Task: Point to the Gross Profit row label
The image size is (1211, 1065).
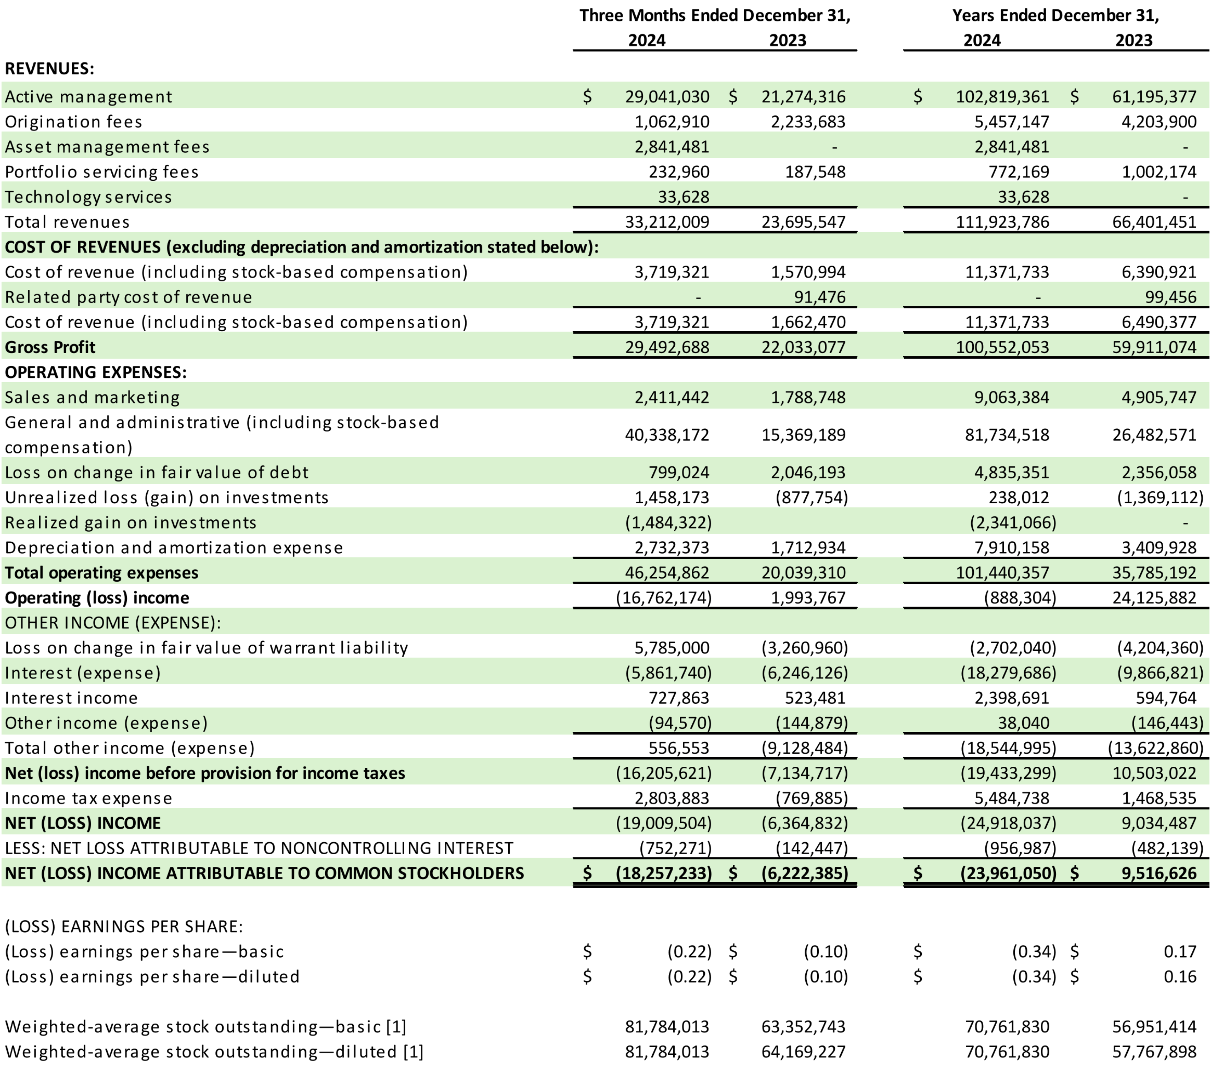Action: [x=50, y=347]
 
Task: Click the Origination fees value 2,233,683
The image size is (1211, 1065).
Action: [x=808, y=122]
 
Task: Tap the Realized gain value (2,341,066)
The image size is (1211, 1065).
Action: [x=1012, y=522]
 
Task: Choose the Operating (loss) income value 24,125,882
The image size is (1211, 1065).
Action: [x=1154, y=598]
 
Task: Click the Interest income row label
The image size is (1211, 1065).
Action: [x=71, y=698]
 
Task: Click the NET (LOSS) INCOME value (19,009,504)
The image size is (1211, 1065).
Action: [x=664, y=823]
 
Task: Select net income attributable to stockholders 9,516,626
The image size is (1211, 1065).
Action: [x=1159, y=873]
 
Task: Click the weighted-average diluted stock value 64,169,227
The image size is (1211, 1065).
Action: [x=803, y=1052]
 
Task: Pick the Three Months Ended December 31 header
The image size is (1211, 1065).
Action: [x=715, y=15]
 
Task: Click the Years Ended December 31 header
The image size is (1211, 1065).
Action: [x=1055, y=15]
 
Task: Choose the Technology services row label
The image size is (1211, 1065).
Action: [x=88, y=197]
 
